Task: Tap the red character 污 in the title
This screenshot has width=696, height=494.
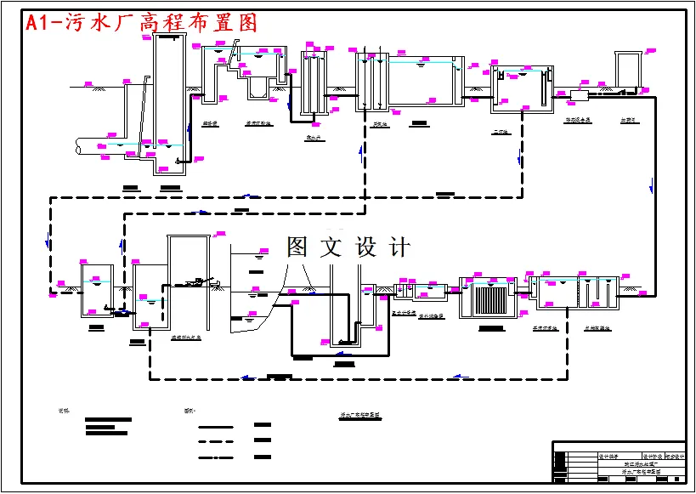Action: (x=76, y=23)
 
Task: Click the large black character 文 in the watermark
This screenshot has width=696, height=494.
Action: (x=331, y=247)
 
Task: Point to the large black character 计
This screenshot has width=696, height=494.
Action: (x=399, y=247)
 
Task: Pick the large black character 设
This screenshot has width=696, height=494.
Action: (x=366, y=247)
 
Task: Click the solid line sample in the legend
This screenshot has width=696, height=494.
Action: (x=215, y=426)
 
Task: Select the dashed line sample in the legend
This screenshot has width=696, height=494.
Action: (x=215, y=441)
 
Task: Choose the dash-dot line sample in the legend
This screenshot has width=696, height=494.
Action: (x=215, y=458)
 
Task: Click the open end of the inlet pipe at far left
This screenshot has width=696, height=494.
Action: (x=78, y=147)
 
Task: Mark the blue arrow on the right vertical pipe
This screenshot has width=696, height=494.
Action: (x=652, y=185)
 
